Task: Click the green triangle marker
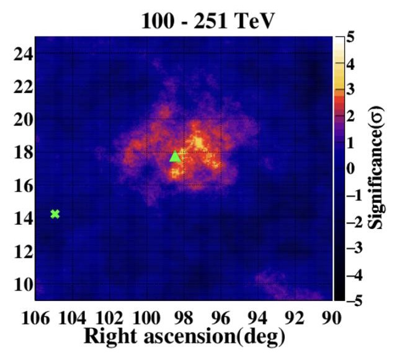175,156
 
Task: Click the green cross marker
55,214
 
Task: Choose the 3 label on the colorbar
351,90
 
